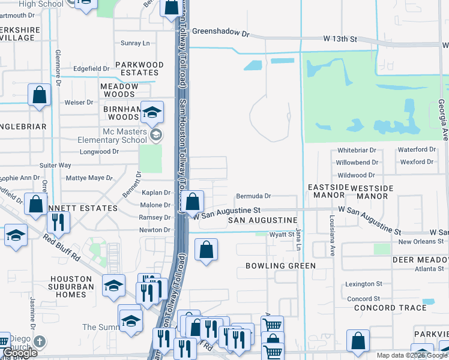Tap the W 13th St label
click(x=340, y=39)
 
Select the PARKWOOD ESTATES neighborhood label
click(x=139, y=68)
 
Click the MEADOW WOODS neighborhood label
click(x=119, y=90)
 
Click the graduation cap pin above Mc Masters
click(x=152, y=112)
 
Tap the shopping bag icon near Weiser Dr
click(x=39, y=95)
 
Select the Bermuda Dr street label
click(x=253, y=196)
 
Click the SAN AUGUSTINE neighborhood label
click(x=263, y=221)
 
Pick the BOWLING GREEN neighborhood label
click(x=280, y=266)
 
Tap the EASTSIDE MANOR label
click(x=328, y=191)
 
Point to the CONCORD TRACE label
click(x=390, y=308)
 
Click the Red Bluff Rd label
click(x=61, y=246)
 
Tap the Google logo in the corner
click(x=20, y=353)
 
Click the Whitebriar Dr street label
click(x=356, y=150)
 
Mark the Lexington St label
click(x=364, y=284)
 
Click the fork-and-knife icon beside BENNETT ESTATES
click(x=58, y=221)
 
